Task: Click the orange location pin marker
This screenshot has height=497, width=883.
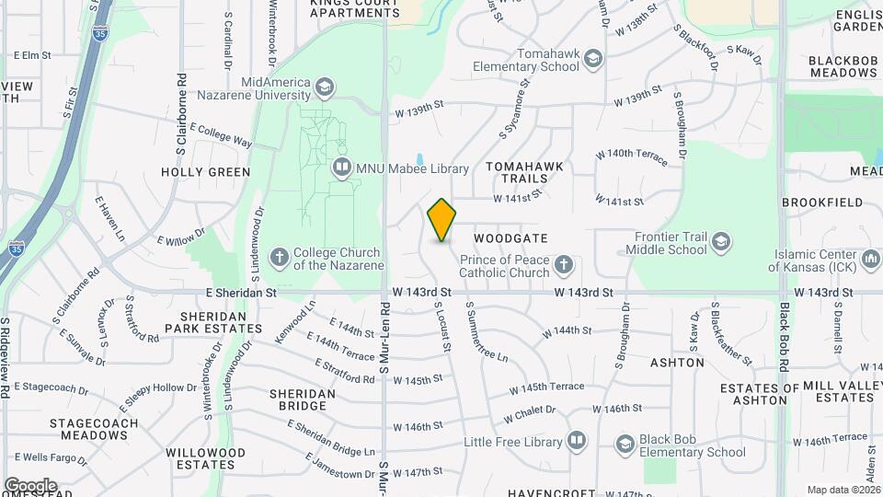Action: click(442, 220)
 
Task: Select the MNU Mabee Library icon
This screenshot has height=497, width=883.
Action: click(342, 168)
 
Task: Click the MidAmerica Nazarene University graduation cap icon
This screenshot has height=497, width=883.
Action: click(323, 88)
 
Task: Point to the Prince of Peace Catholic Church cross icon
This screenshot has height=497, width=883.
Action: click(563, 267)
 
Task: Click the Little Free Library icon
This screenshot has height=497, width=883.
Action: click(577, 442)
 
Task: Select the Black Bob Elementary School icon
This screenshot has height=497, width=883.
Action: click(625, 445)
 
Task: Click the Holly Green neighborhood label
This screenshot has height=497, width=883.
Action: click(205, 172)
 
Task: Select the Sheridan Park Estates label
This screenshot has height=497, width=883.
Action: click(206, 321)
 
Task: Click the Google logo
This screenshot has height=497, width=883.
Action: click(29, 485)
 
